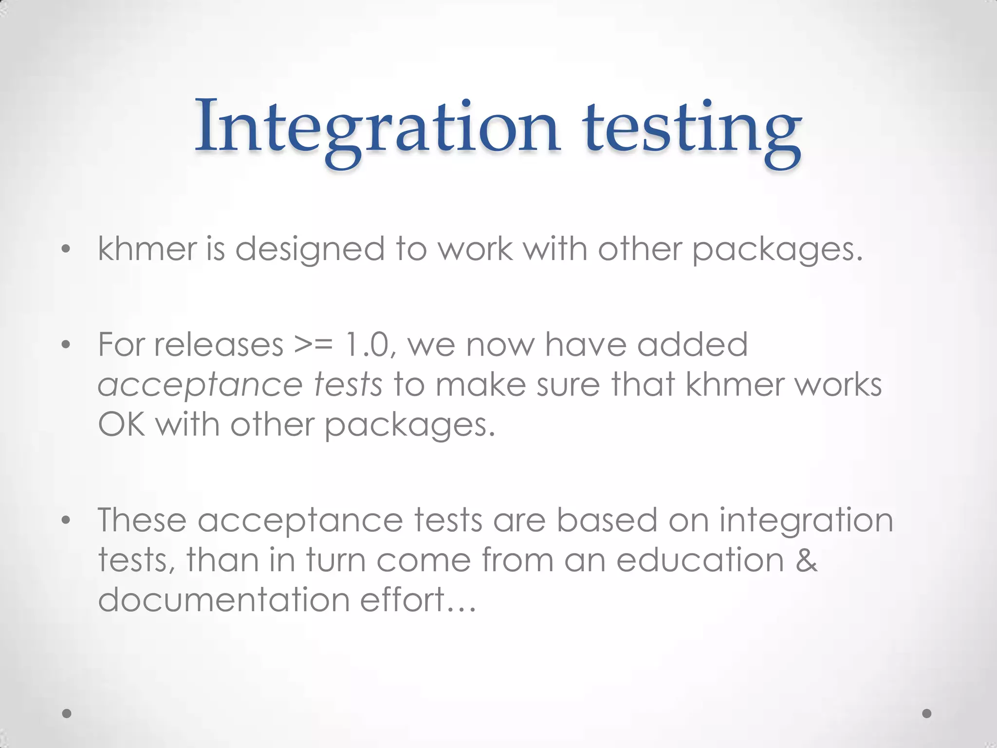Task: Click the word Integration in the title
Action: click(377, 128)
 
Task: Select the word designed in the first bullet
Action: click(310, 249)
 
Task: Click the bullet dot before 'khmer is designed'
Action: click(66, 250)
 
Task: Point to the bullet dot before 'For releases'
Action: click(66, 345)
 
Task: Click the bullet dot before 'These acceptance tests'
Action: click(66, 521)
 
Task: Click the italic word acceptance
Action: click(200, 386)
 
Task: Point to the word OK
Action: click(121, 425)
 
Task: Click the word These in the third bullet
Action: click(142, 520)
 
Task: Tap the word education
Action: click(700, 560)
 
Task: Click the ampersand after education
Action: click(806, 560)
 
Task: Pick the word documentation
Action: click(223, 599)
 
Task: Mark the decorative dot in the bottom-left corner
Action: click(67, 713)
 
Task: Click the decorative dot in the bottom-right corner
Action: click(927, 713)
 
